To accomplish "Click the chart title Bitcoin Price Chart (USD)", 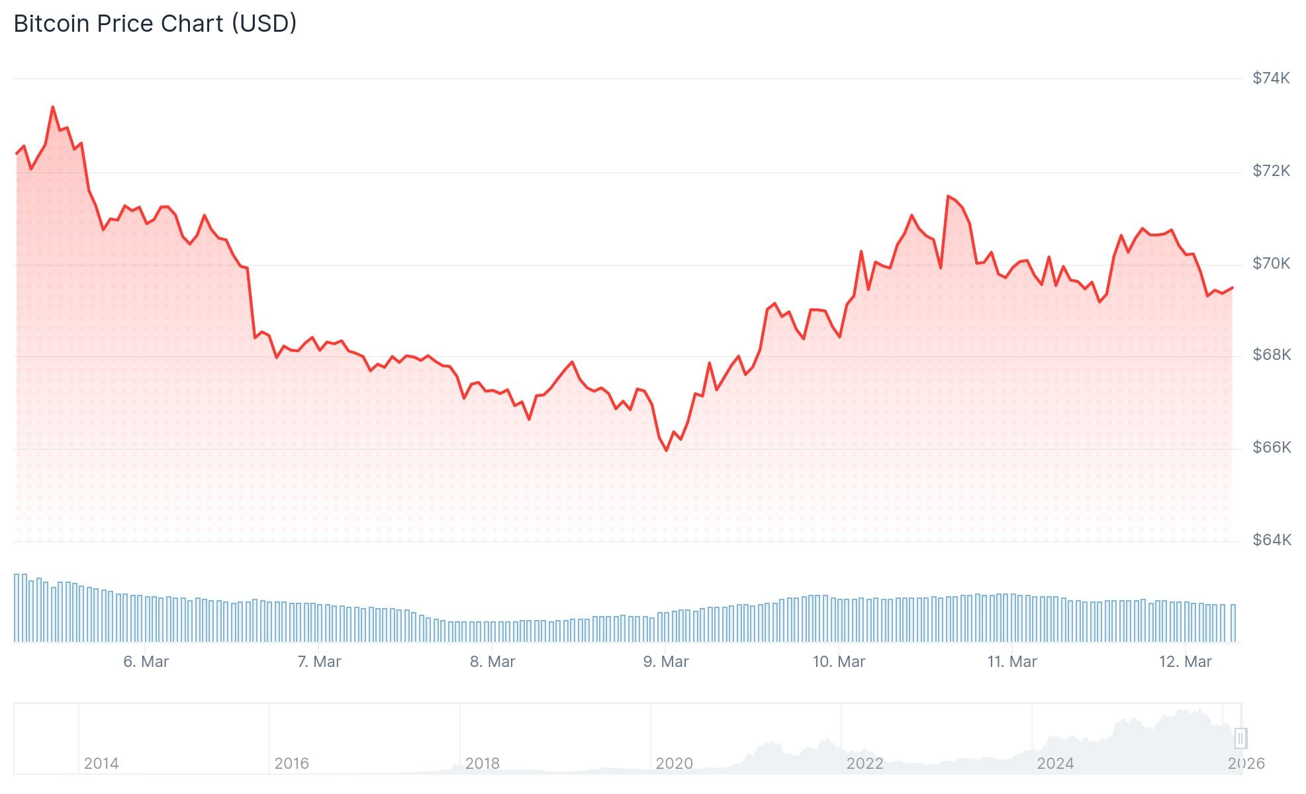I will pyautogui.click(x=155, y=24).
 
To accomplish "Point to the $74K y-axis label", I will pyautogui.click(x=1271, y=78).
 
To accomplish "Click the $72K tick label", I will pyautogui.click(x=1271, y=171).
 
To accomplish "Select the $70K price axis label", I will pyautogui.click(x=1271, y=263).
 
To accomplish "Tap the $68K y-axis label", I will pyautogui.click(x=1271, y=355).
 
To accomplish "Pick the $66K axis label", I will pyautogui.click(x=1271, y=447).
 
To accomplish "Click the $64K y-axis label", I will pyautogui.click(x=1271, y=540).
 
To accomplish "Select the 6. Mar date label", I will pyautogui.click(x=146, y=662).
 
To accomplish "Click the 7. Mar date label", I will pyautogui.click(x=319, y=662).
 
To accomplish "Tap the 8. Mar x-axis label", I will pyautogui.click(x=492, y=662).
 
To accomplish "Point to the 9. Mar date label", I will pyautogui.click(x=666, y=662).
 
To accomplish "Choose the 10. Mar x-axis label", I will pyautogui.click(x=839, y=662).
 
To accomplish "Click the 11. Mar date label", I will pyautogui.click(x=1012, y=662).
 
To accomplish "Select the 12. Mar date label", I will pyautogui.click(x=1186, y=662).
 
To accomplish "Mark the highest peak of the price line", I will pyautogui.click(x=53, y=107).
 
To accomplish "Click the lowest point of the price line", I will pyautogui.click(x=666, y=451).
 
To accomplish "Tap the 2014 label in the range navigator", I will pyautogui.click(x=101, y=764).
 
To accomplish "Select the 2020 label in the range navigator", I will pyautogui.click(x=674, y=764).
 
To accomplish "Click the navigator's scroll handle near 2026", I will pyautogui.click(x=1240, y=738).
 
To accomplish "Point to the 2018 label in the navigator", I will pyautogui.click(x=483, y=764).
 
